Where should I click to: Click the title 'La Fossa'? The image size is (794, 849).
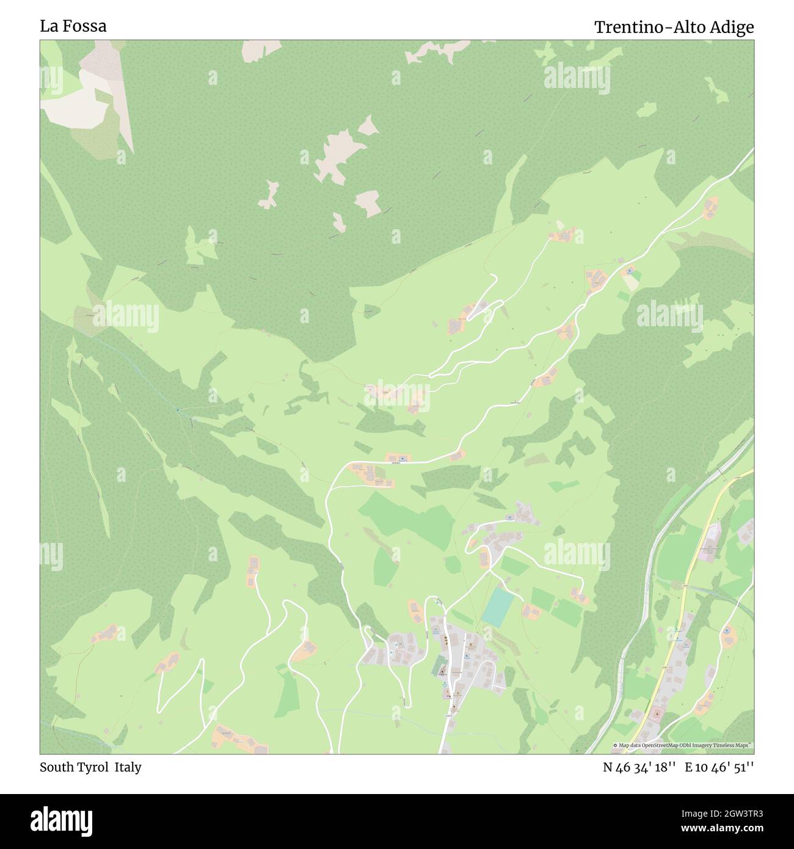tap(73, 26)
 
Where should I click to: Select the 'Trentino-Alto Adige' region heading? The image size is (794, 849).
tap(674, 27)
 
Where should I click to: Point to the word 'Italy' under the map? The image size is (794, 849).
tap(130, 767)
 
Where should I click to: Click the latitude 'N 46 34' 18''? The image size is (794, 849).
tap(639, 768)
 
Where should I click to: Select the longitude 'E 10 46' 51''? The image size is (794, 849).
tap(719, 768)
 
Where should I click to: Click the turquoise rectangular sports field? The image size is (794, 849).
tap(498, 606)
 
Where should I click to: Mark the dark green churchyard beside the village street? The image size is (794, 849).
tap(439, 667)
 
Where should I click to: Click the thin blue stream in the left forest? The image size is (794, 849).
tap(140, 373)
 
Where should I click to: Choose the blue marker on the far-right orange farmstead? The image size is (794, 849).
tap(727, 630)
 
